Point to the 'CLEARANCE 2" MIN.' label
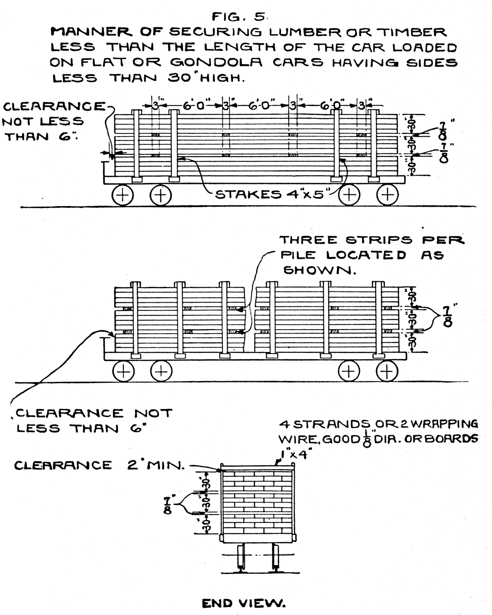[x=99, y=465]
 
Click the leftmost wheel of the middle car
[x=123, y=371]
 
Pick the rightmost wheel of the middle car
[x=387, y=371]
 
